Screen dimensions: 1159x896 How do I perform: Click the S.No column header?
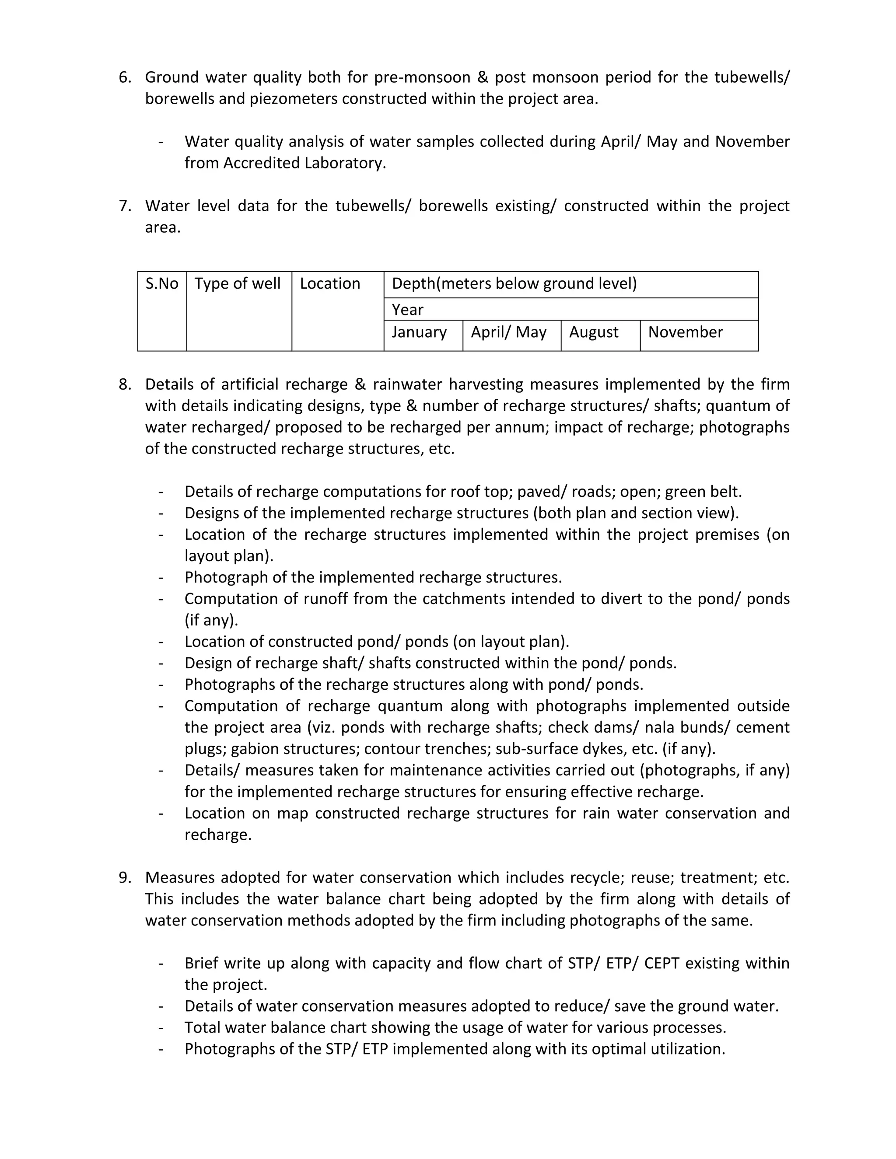point(162,283)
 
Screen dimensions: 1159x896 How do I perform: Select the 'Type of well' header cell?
point(237,283)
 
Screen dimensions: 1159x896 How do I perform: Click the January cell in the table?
point(419,332)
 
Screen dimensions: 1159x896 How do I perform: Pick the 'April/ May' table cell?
point(508,332)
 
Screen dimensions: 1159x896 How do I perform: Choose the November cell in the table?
point(685,332)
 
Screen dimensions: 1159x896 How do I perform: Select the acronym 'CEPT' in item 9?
point(661,963)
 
